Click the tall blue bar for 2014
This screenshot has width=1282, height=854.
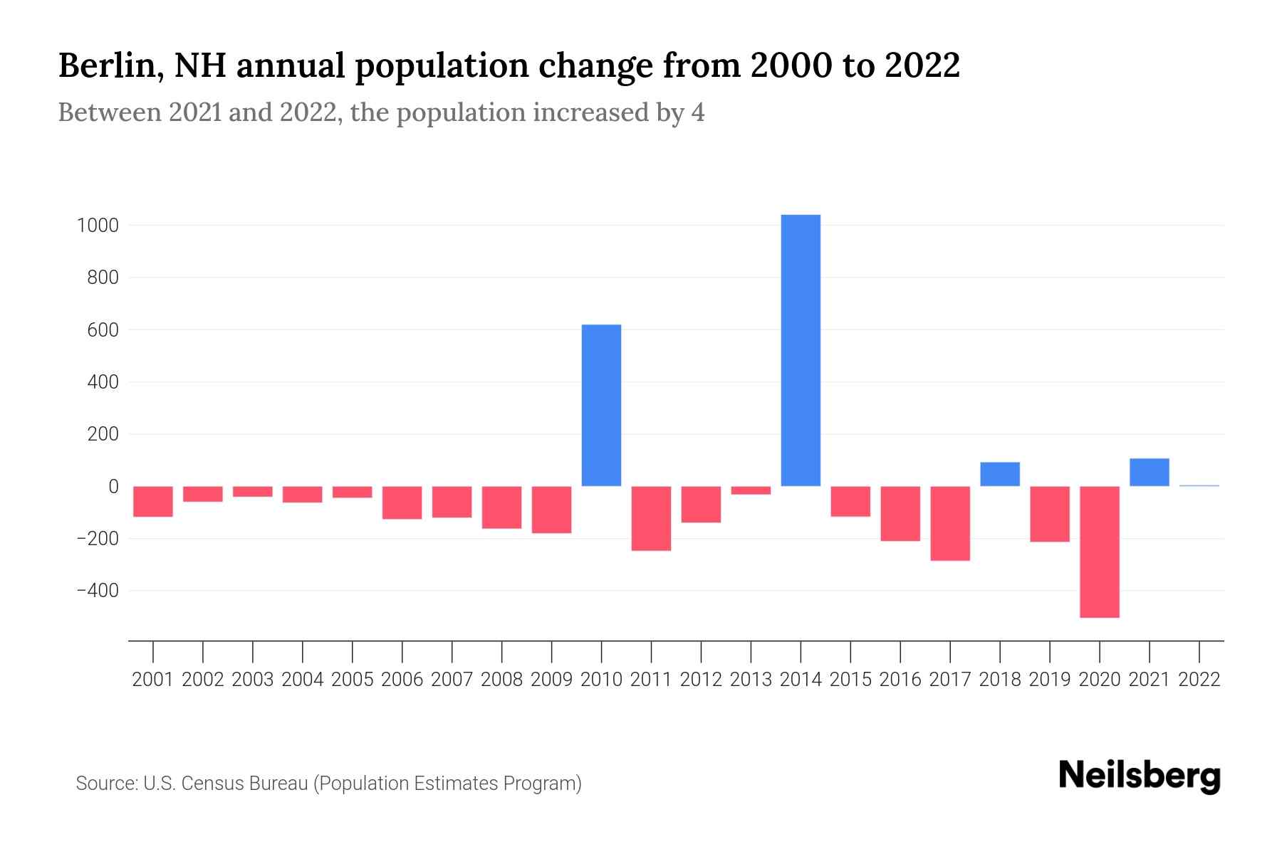point(801,350)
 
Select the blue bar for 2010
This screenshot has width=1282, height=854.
point(601,405)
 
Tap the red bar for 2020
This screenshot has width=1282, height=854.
point(1099,552)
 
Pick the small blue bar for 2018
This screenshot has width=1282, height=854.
point(999,474)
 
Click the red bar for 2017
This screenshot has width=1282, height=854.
point(949,523)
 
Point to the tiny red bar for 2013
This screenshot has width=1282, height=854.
point(751,490)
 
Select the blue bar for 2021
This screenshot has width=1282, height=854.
point(1149,472)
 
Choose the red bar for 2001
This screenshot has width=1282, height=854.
point(153,501)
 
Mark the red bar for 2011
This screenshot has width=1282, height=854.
point(651,518)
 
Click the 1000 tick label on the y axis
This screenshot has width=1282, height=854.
point(98,226)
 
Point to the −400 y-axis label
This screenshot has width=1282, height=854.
point(97,591)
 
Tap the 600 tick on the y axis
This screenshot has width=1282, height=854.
point(103,330)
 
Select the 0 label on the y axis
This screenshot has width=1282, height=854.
point(113,487)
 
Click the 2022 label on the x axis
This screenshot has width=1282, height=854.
point(1199,680)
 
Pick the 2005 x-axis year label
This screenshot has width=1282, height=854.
point(353,680)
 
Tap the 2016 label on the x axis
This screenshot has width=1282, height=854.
point(900,680)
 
